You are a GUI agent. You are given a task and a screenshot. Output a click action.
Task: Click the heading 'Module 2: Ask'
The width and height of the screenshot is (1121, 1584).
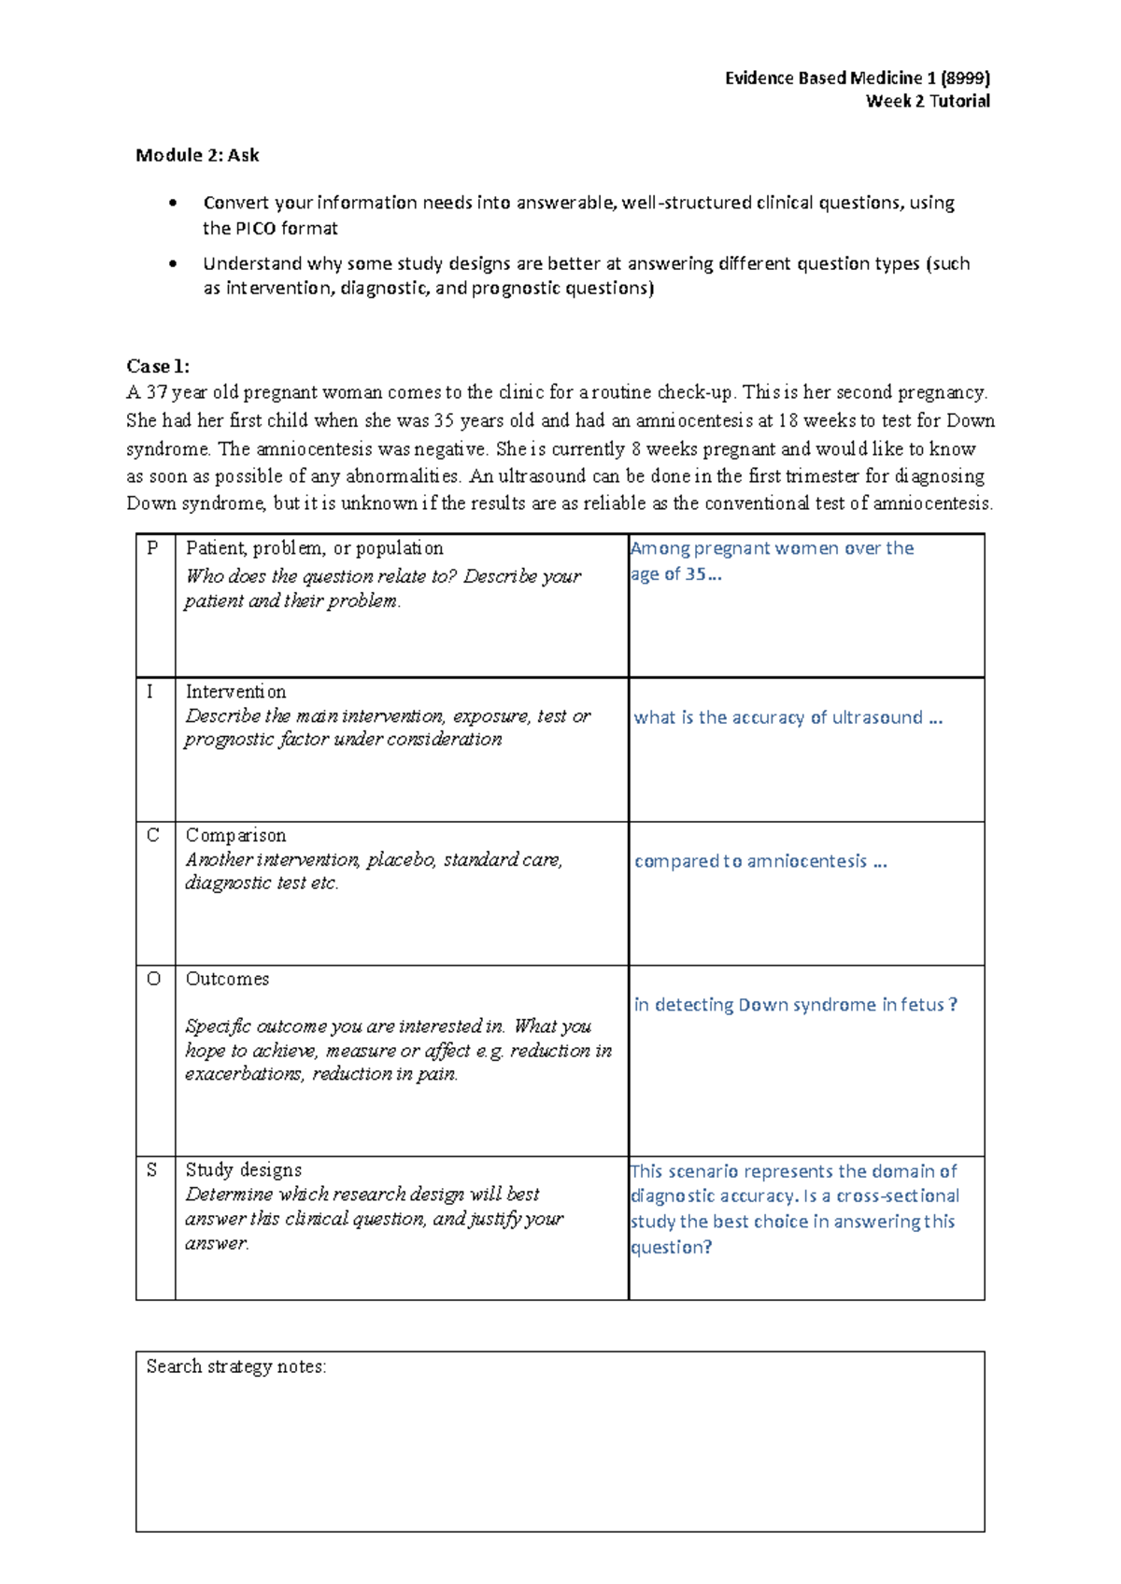coord(197,155)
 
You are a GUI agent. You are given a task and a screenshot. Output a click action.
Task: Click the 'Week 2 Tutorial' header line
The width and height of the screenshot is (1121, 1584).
coord(928,101)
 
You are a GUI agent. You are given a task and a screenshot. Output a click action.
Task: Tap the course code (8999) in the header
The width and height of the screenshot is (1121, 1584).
coord(966,78)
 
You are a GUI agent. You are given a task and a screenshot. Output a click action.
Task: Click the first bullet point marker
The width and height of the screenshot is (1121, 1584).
coord(172,203)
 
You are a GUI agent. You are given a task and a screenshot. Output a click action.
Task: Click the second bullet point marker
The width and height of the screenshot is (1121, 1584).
coord(172,263)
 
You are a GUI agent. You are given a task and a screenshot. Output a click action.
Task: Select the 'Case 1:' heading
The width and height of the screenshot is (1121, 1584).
coord(158,366)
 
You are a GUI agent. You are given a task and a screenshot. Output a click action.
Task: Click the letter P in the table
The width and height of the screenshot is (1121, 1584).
coord(152,548)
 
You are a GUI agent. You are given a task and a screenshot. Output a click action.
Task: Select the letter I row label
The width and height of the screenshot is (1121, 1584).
coord(149,691)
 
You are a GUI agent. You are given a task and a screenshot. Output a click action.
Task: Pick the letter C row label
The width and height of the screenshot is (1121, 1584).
coord(153,835)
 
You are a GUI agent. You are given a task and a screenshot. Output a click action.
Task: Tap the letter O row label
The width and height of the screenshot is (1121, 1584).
coord(154,979)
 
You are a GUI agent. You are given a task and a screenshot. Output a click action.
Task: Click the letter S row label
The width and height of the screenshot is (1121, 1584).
coord(152,1169)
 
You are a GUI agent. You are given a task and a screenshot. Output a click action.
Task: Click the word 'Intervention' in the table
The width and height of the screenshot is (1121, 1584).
coord(235,691)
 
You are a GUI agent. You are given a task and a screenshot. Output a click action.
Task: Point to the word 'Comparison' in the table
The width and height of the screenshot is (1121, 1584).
coord(235,835)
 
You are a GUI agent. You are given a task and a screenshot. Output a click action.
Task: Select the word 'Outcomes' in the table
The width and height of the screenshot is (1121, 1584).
coord(227,979)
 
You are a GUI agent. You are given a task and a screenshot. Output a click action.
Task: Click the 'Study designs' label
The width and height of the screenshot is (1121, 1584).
coord(243,1169)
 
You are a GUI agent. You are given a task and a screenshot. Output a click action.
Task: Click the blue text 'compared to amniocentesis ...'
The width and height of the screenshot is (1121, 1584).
coord(759,861)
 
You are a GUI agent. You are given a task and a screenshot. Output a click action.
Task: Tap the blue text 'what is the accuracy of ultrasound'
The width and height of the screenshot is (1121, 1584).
coord(778,717)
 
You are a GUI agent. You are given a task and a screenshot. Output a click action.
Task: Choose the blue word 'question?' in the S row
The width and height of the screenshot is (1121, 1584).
coord(671,1247)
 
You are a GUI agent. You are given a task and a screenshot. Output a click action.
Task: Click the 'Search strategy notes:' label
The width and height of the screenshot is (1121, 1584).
coord(235,1366)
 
